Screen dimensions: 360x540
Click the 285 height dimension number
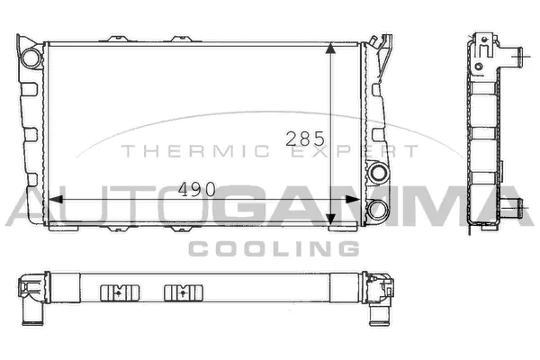(x=304, y=139)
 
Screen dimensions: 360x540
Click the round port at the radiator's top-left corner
(x=31, y=57)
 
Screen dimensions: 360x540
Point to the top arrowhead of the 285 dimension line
(x=332, y=48)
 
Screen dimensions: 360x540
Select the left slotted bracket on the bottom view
(x=114, y=292)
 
